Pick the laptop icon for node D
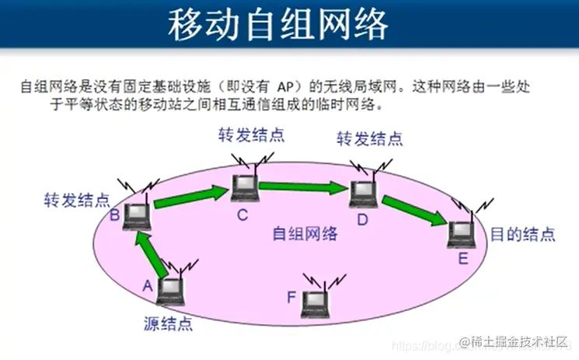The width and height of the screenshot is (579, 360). coord(362,194)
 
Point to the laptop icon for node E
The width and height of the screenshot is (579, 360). coord(462,231)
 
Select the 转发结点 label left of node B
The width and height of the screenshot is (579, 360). coord(76,200)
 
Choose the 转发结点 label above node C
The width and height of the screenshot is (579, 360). coord(251,135)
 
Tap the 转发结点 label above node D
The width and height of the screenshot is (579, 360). coord(369,139)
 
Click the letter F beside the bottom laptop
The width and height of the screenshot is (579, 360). coord(291,295)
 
